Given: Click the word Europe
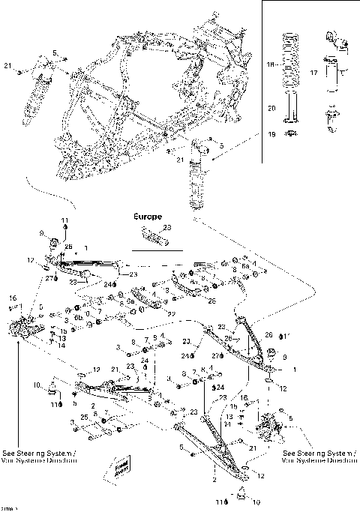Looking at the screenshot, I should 148,216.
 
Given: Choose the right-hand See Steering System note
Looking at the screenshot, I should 315,457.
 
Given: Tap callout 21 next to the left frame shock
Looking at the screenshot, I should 7,68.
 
